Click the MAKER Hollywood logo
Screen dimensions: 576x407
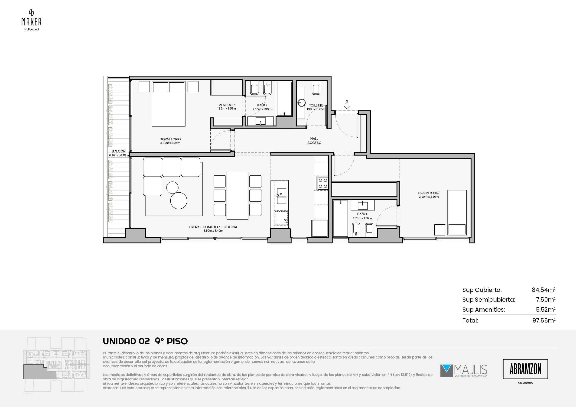coord(31,20)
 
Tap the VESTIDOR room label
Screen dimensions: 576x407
coord(227,105)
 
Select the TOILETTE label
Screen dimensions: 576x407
coord(316,105)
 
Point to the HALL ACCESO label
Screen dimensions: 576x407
coord(314,140)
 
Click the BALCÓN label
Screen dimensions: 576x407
coord(119,151)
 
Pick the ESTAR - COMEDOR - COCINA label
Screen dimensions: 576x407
coord(213,227)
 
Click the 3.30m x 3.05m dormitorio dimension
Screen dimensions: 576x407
coord(170,143)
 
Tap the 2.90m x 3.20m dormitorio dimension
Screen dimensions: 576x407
coord(429,197)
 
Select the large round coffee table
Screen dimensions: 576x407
coord(179,201)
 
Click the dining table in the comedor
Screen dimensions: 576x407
coord(237,195)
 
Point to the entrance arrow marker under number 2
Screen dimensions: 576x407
coord(347,107)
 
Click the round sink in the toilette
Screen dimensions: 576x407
coord(301,103)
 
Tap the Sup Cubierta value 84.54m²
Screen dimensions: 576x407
coord(543,290)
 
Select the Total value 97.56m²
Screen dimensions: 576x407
coord(544,320)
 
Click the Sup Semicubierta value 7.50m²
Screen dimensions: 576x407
coord(546,299)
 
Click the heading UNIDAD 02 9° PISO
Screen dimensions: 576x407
coord(145,341)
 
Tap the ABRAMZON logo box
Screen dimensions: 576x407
coord(525,369)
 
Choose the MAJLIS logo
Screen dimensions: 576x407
coord(464,371)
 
